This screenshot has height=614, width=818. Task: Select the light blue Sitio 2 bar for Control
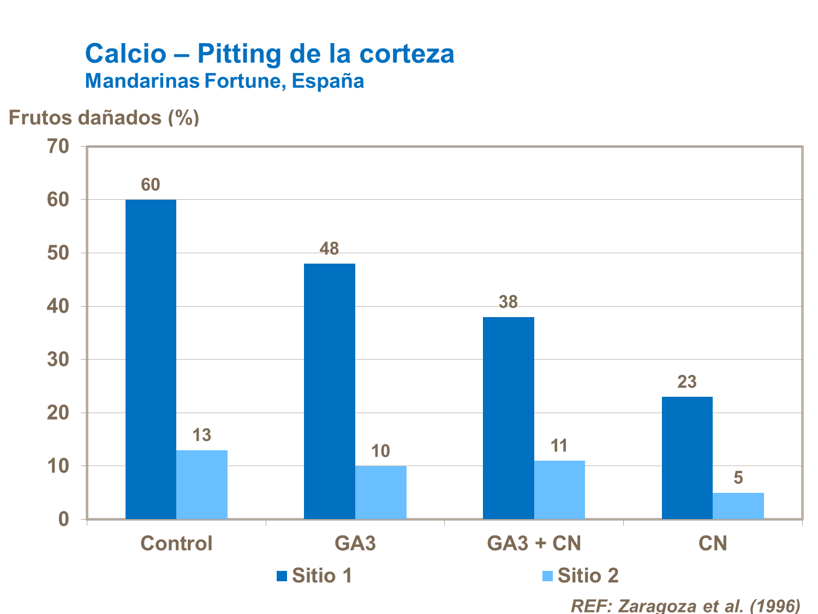point(202,484)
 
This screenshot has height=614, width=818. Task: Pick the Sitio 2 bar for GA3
point(381,492)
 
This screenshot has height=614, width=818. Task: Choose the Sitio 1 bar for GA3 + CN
point(509,418)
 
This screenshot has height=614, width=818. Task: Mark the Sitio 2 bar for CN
point(738,505)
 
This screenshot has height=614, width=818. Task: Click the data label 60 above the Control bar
point(151,185)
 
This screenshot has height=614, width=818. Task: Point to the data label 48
point(329,249)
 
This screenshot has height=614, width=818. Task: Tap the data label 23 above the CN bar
point(687,382)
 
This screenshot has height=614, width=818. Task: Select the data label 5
point(738,478)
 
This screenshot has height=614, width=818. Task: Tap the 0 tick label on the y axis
point(63,519)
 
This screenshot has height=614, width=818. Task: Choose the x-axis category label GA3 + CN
point(534,544)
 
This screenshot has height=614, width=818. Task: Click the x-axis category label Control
point(176,544)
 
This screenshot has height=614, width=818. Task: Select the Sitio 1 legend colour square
point(282,576)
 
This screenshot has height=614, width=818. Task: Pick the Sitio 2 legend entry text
point(588,576)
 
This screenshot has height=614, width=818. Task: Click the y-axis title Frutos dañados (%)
point(104,117)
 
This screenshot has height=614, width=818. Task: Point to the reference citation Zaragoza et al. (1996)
point(685,605)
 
